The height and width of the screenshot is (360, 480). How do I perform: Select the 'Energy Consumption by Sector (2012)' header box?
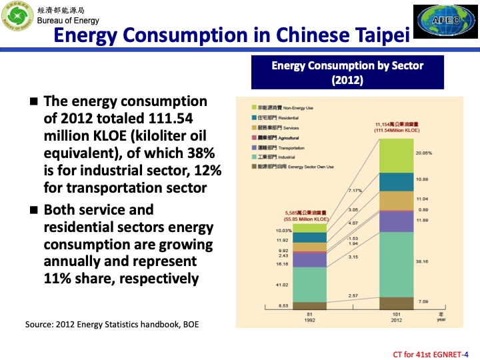click(x=347, y=73)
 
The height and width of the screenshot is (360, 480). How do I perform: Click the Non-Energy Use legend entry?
click(x=280, y=107)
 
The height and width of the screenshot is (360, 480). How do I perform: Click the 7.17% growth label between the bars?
click(x=355, y=191)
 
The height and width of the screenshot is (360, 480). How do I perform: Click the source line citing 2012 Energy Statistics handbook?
click(x=112, y=325)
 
